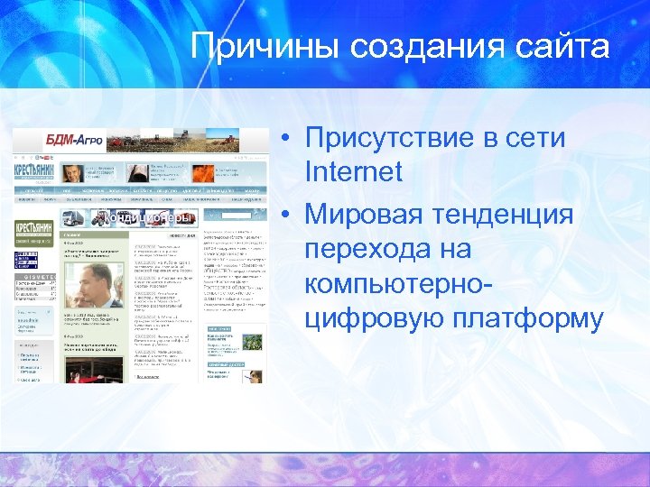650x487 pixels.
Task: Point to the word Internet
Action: coord(354,170)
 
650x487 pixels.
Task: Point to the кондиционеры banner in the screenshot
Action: coord(148,217)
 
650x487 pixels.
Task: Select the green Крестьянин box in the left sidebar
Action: coord(33,231)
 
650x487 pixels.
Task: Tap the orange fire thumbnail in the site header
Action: coord(203,172)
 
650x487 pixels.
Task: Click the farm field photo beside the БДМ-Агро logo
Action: coord(190,141)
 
